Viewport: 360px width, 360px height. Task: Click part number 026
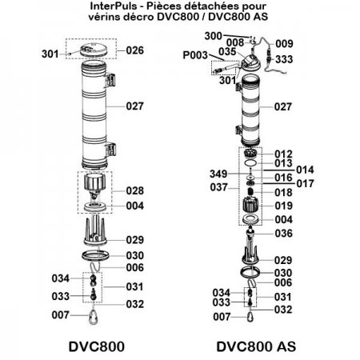(134, 50)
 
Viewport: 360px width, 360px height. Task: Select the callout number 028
(134, 191)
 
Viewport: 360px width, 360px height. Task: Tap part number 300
(213, 37)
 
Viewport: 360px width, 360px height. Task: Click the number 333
(284, 59)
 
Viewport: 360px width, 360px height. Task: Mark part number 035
(228, 51)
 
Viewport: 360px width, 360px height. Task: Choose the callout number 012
(284, 154)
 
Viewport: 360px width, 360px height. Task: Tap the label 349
(211, 173)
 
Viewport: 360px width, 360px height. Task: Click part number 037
(211, 187)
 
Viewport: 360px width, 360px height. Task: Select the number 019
(284, 206)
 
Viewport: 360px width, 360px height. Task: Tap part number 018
(284, 193)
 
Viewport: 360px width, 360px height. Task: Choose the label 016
(284, 177)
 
